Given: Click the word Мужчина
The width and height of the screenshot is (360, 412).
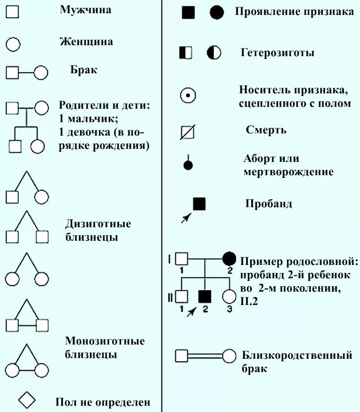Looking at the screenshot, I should (85, 10).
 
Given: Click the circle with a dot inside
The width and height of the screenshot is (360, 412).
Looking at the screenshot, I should (188, 96).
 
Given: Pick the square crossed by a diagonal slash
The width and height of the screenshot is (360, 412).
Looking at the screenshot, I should (188, 132).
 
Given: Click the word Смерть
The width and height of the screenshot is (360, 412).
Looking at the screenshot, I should (266, 130).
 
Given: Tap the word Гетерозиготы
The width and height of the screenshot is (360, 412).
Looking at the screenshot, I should (278, 53).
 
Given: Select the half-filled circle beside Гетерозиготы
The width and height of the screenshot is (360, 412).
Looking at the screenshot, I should (213, 53).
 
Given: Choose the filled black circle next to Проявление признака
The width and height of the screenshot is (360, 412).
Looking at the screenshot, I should (216, 13).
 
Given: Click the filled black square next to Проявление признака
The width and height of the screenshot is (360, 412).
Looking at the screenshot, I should (188, 13).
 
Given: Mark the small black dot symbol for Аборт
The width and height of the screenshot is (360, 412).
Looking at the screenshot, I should (188, 166).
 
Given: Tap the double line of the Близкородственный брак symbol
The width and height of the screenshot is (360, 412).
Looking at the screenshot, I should (205, 355).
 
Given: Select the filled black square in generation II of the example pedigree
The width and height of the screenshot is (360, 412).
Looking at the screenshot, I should (204, 296).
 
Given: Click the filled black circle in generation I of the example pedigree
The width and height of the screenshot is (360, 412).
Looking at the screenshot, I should (229, 258).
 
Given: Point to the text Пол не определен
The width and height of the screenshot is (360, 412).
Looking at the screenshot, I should (102, 402).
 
